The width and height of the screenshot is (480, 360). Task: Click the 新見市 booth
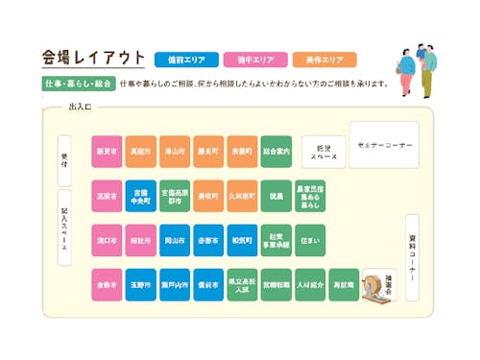click(107, 152)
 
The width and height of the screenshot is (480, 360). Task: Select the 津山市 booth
click(175, 152)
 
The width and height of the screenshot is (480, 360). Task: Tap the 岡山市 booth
click(175, 240)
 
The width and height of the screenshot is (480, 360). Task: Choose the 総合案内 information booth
click(276, 152)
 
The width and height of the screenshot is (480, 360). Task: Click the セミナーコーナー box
click(384, 144)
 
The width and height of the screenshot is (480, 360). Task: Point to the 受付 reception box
click(64, 159)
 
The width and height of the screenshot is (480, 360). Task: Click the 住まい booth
click(309, 240)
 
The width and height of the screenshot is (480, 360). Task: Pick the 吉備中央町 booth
click(141, 196)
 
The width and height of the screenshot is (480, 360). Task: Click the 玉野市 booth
click(141, 285)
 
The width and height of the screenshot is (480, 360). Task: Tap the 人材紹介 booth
click(309, 285)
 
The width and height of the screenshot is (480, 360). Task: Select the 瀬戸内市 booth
click(175, 285)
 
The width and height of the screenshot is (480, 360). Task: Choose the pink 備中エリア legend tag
click(253, 60)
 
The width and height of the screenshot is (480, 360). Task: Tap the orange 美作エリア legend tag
click(324, 60)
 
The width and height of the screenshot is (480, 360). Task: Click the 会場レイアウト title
click(93, 58)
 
